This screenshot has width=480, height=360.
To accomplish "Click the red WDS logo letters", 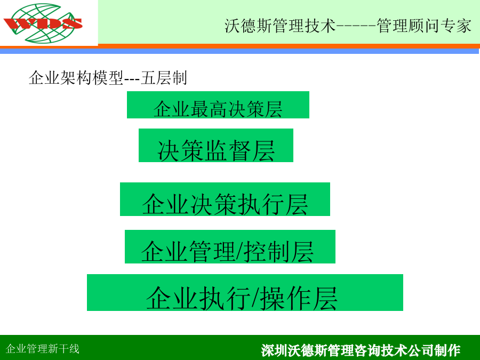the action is pyautogui.click(x=43, y=23).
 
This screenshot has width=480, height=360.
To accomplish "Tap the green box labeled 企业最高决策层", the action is pyautogui.click(x=218, y=105).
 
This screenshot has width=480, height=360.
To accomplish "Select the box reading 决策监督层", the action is pyautogui.click(x=216, y=146).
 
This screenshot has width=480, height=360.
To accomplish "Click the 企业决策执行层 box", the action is pyautogui.click(x=225, y=199).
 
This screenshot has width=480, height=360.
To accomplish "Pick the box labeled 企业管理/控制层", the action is pyautogui.click(x=230, y=247).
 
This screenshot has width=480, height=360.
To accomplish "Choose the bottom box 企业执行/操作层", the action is pyautogui.click(x=245, y=293).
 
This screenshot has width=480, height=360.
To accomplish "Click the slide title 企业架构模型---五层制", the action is pyautogui.click(x=108, y=78).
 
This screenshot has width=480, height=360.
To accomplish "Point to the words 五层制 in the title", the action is pyautogui.click(x=164, y=78).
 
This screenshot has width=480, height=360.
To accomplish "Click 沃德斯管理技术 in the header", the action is pyautogui.click(x=280, y=26).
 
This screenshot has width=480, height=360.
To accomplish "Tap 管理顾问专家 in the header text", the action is pyautogui.click(x=424, y=26).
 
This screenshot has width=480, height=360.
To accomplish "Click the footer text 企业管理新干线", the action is pyautogui.click(x=43, y=349).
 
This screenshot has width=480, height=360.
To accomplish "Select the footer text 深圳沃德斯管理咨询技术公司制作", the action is pyautogui.click(x=361, y=350).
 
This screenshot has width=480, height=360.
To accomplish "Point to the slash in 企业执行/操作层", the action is pyautogui.click(x=257, y=298).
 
